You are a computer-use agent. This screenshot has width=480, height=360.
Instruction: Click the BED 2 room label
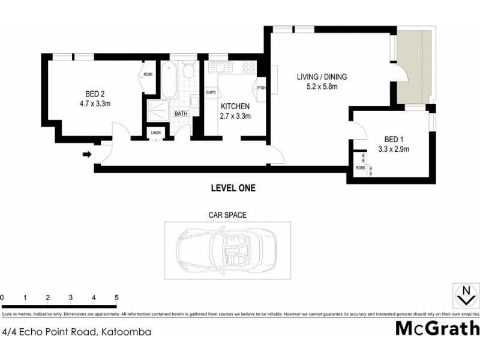tap(95, 94)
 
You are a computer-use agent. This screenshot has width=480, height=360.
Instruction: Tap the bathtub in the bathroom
tap(169, 81)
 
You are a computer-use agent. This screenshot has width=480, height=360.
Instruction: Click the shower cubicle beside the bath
tap(158, 110)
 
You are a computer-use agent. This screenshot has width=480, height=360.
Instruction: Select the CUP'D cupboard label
tap(211, 92)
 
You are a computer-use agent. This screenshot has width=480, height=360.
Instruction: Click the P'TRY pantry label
tap(261, 88)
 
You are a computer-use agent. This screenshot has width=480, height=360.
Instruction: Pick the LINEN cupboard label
tap(156, 133)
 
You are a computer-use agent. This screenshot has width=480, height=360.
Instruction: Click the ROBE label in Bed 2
tap(148, 75)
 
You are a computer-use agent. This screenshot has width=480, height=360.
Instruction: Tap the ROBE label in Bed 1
tap(360, 167)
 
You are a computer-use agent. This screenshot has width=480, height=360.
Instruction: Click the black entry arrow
tap(86, 155)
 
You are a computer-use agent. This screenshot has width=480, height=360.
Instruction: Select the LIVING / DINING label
tap(322, 77)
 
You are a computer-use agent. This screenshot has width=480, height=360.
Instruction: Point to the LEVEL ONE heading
tap(233, 188)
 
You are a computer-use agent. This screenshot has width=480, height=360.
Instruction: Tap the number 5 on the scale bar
tap(116, 298)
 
